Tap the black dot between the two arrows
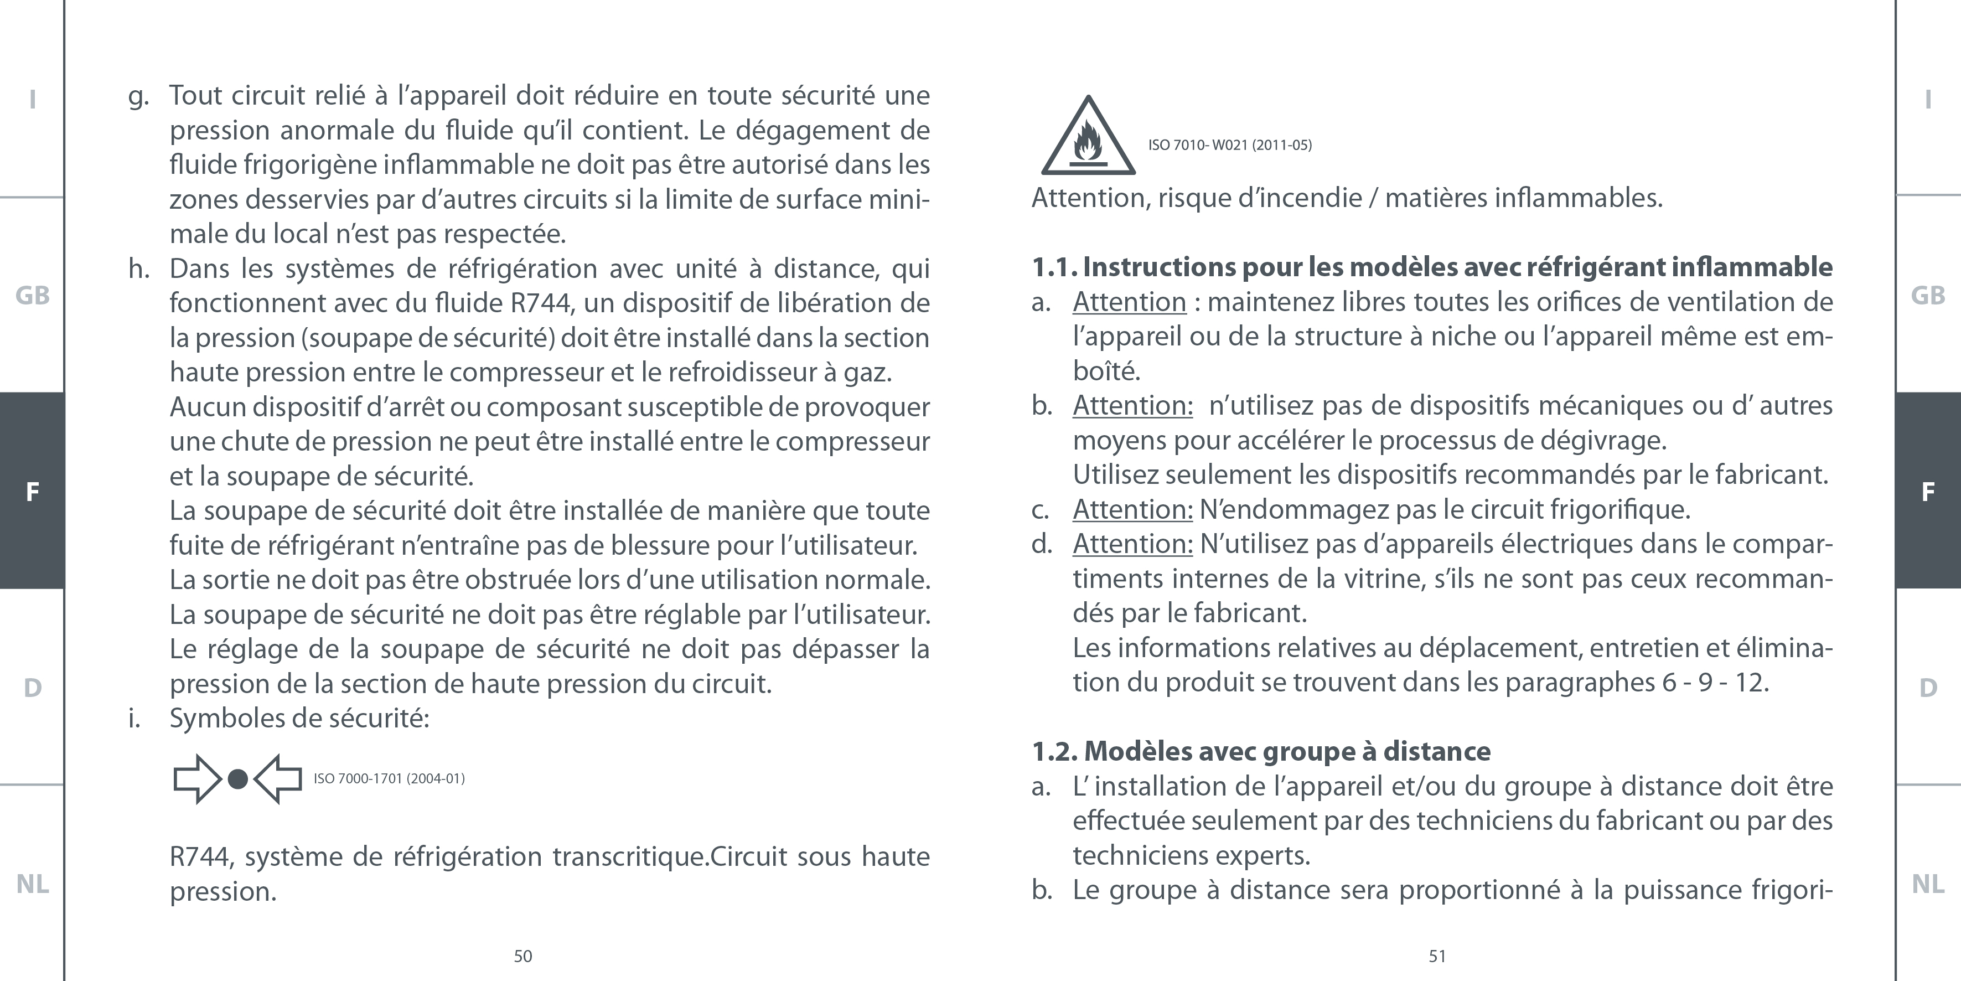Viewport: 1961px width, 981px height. click(x=237, y=779)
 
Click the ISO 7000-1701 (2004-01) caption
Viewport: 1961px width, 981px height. click(x=389, y=778)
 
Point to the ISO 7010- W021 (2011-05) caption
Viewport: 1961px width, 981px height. click(x=1229, y=144)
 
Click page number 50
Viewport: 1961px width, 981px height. click(x=523, y=957)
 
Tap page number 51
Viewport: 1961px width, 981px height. click(x=1437, y=957)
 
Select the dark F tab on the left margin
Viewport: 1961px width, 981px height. click(x=32, y=491)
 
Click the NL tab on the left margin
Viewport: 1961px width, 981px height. click(x=32, y=884)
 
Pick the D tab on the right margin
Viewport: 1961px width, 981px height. click(x=1927, y=688)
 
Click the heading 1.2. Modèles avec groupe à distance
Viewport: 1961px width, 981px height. click(x=1261, y=752)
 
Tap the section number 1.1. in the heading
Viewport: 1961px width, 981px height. click(x=1054, y=267)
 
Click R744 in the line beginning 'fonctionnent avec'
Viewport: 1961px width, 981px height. click(x=541, y=303)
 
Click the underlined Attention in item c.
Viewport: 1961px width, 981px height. click(x=1132, y=509)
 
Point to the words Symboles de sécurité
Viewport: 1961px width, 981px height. click(x=299, y=718)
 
